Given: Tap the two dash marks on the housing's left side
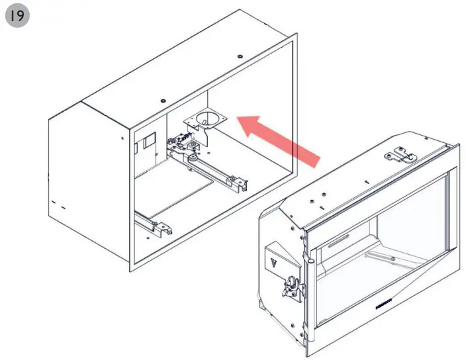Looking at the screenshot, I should click(x=58, y=206).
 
